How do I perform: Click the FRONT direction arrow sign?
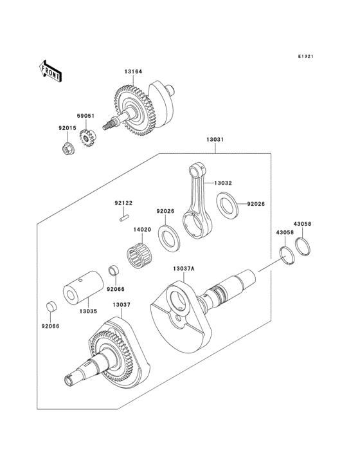click(x=51, y=70)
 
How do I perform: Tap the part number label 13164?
click(x=134, y=73)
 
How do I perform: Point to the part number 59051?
click(x=86, y=116)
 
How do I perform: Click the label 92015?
click(x=67, y=128)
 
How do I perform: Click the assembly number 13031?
click(x=215, y=140)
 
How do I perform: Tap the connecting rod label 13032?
click(x=223, y=183)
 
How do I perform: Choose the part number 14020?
click(x=142, y=229)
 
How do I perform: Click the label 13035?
click(x=89, y=311)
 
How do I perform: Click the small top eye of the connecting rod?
click(x=196, y=169)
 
